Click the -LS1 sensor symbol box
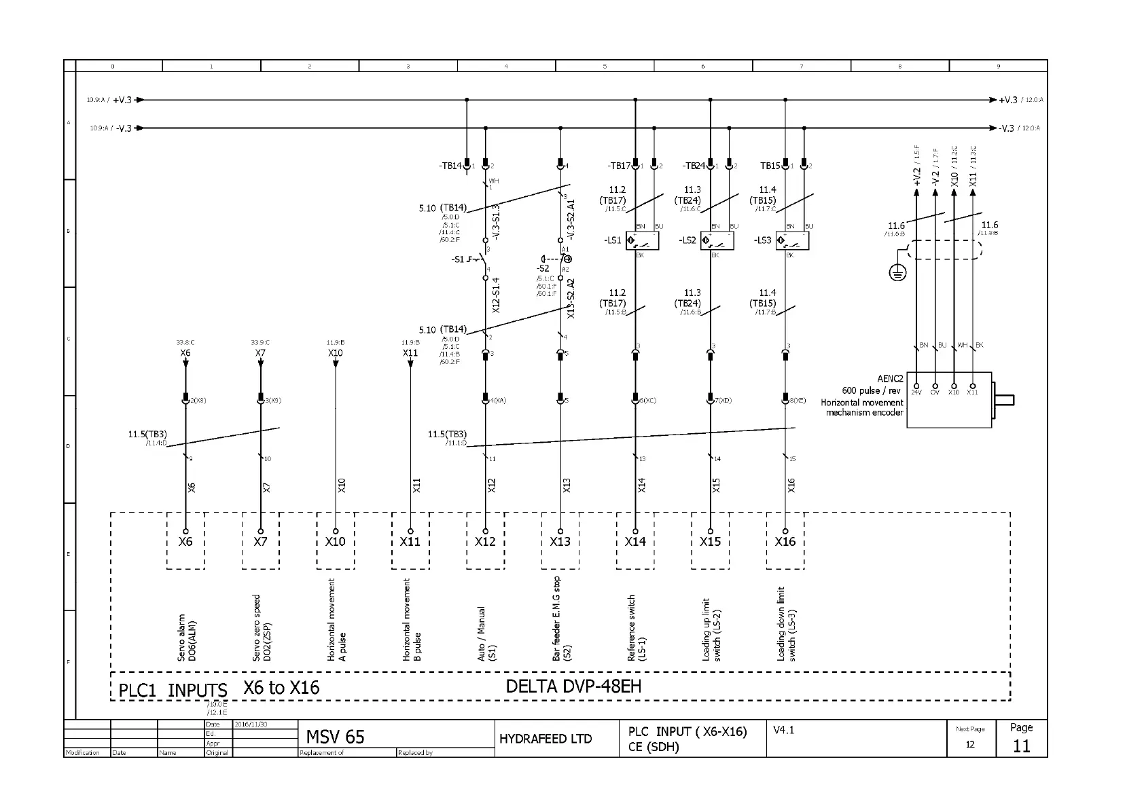pos(642,241)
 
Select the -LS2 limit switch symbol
pos(717,241)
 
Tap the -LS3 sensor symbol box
pos(792,241)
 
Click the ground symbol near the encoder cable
pos(897,273)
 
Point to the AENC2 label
pos(890,379)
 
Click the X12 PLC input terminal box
pos(485,541)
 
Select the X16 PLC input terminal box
pos(785,541)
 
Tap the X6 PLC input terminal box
pos(185,541)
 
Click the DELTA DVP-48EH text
pos(573,686)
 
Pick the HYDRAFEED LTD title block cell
pos(546,739)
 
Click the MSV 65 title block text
pos(335,737)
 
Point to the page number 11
pos(1021,746)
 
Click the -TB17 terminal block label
pos(618,166)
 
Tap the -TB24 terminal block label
pos(693,166)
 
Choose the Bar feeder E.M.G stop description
pos(561,618)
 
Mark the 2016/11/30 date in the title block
pos(251,724)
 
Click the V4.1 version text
pos(783,730)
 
